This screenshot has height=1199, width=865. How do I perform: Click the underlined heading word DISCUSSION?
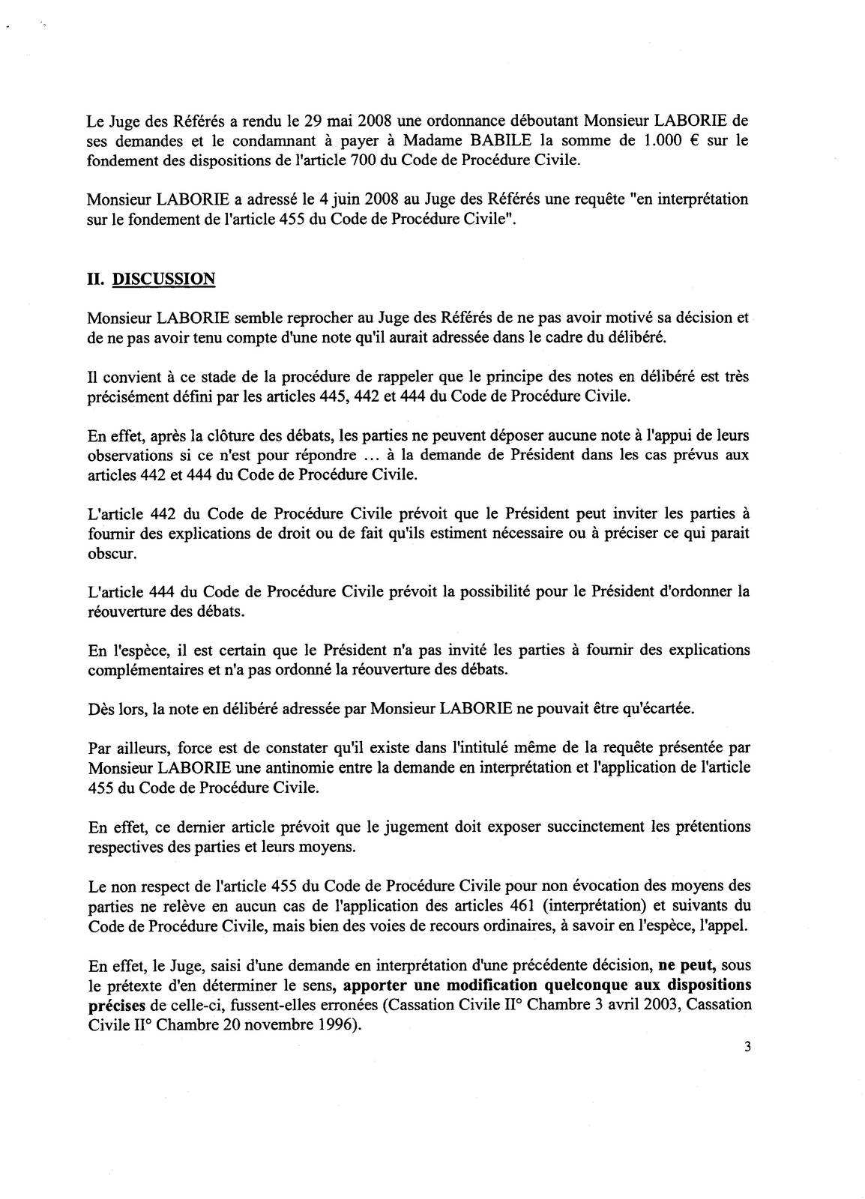[163, 280]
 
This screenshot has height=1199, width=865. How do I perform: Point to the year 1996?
[336, 1024]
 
